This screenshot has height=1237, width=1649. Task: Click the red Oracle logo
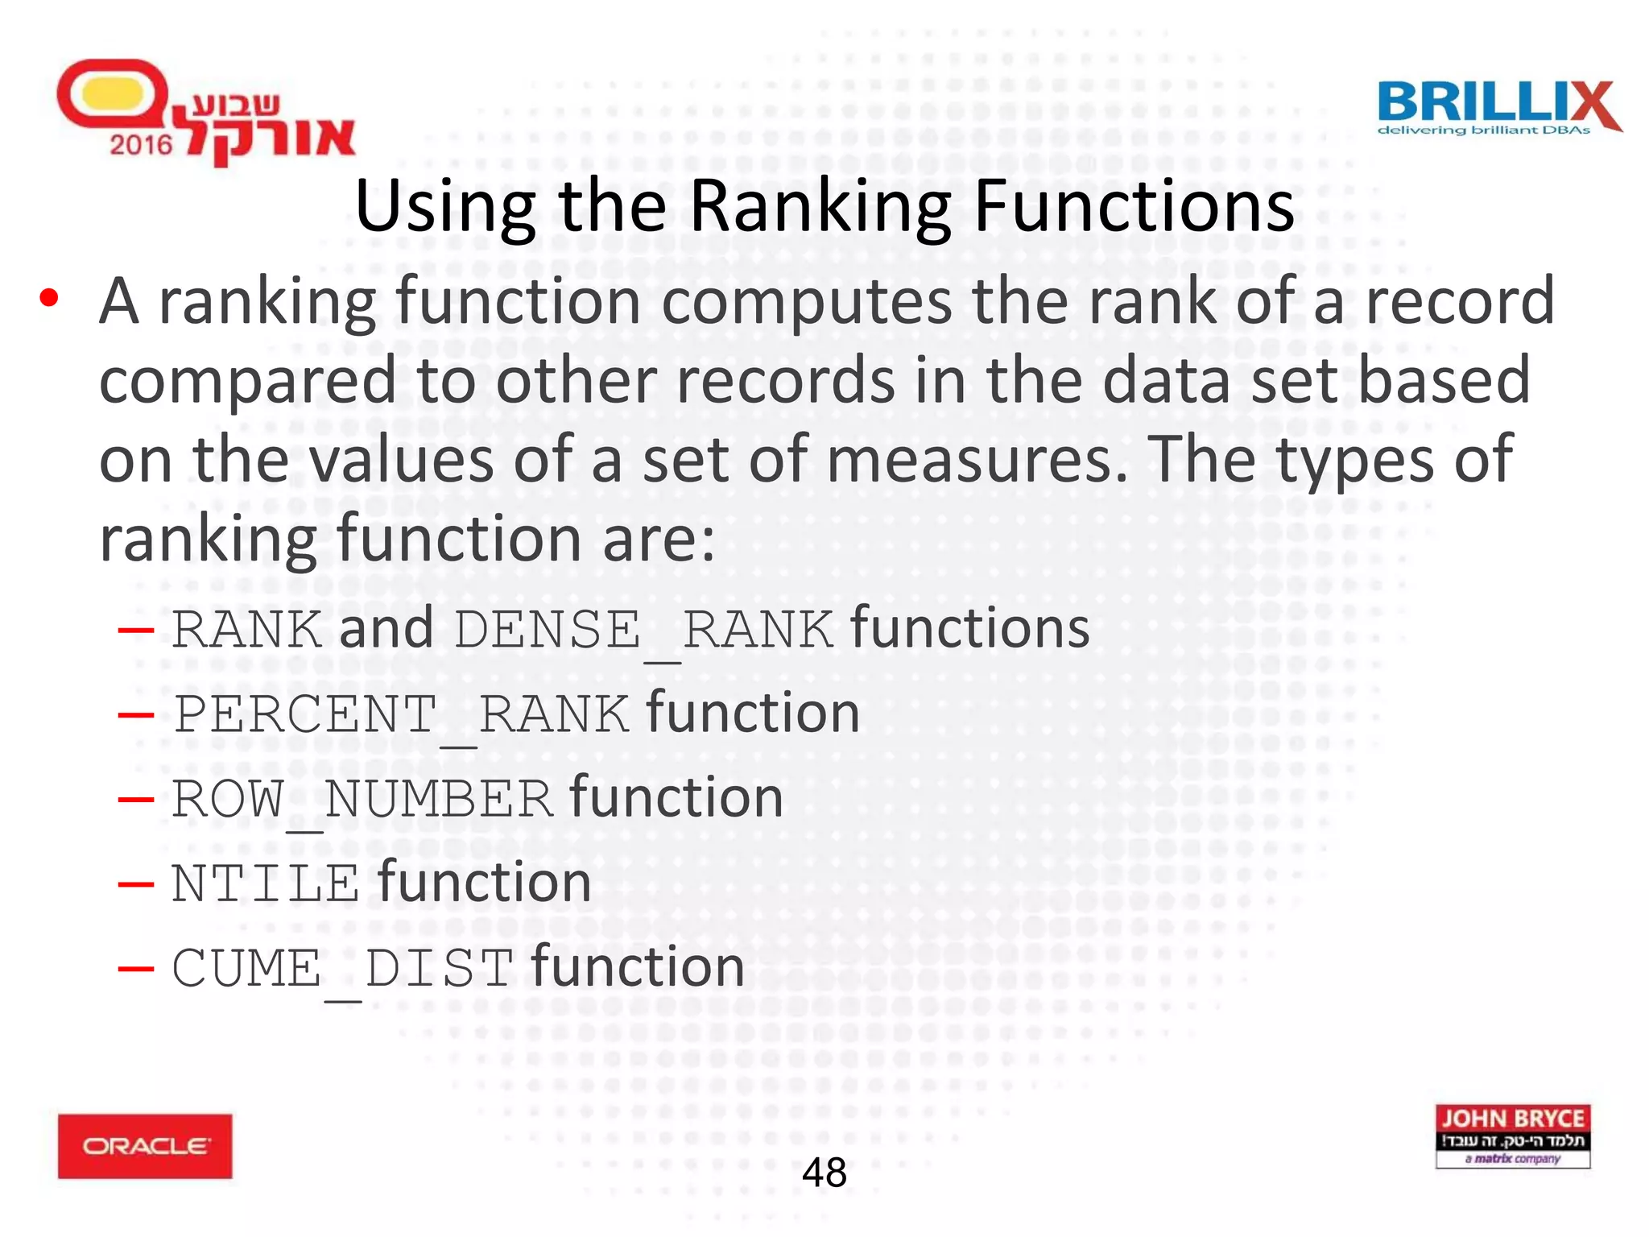[145, 1145]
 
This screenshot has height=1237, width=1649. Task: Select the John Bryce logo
[1512, 1136]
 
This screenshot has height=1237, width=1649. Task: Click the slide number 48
[824, 1173]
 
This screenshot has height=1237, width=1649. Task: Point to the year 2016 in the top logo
[141, 145]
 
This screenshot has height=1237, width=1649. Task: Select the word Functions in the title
[1134, 207]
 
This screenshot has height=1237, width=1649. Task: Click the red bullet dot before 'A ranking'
[49, 298]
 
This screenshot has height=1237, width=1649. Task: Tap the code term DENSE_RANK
[643, 630]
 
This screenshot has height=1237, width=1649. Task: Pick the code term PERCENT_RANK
[401, 714]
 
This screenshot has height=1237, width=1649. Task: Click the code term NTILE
[265, 883]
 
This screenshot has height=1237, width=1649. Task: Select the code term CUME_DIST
[342, 968]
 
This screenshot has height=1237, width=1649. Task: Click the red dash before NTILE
[135, 884]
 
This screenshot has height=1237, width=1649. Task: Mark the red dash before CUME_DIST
[135, 969]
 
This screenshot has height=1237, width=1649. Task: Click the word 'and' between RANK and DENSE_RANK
[386, 628]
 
